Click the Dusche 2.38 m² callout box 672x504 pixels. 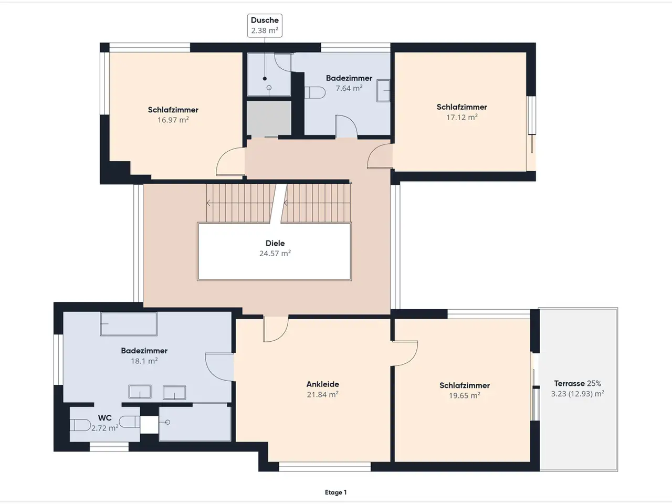[265, 25]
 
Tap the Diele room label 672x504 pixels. [275, 243]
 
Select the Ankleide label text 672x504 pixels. [323, 384]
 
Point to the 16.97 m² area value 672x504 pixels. [173, 120]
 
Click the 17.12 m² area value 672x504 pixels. [461, 117]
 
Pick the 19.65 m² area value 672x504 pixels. [465, 395]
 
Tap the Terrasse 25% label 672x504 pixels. [577, 383]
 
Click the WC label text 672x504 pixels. [104, 418]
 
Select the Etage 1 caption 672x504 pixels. [335, 492]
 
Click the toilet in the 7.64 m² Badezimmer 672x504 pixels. [314, 92]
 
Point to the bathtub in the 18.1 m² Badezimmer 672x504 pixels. [129, 324]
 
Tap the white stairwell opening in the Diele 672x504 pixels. [274, 251]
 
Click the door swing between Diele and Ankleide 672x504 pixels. [276, 329]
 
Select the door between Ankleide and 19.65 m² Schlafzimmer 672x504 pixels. [405, 353]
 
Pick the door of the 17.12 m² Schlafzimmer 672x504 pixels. [380, 156]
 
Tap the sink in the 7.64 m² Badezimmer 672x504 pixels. [383, 91]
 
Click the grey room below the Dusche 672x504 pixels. [269, 119]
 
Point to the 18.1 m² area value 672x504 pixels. [144, 361]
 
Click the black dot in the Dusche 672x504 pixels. [265, 79]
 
